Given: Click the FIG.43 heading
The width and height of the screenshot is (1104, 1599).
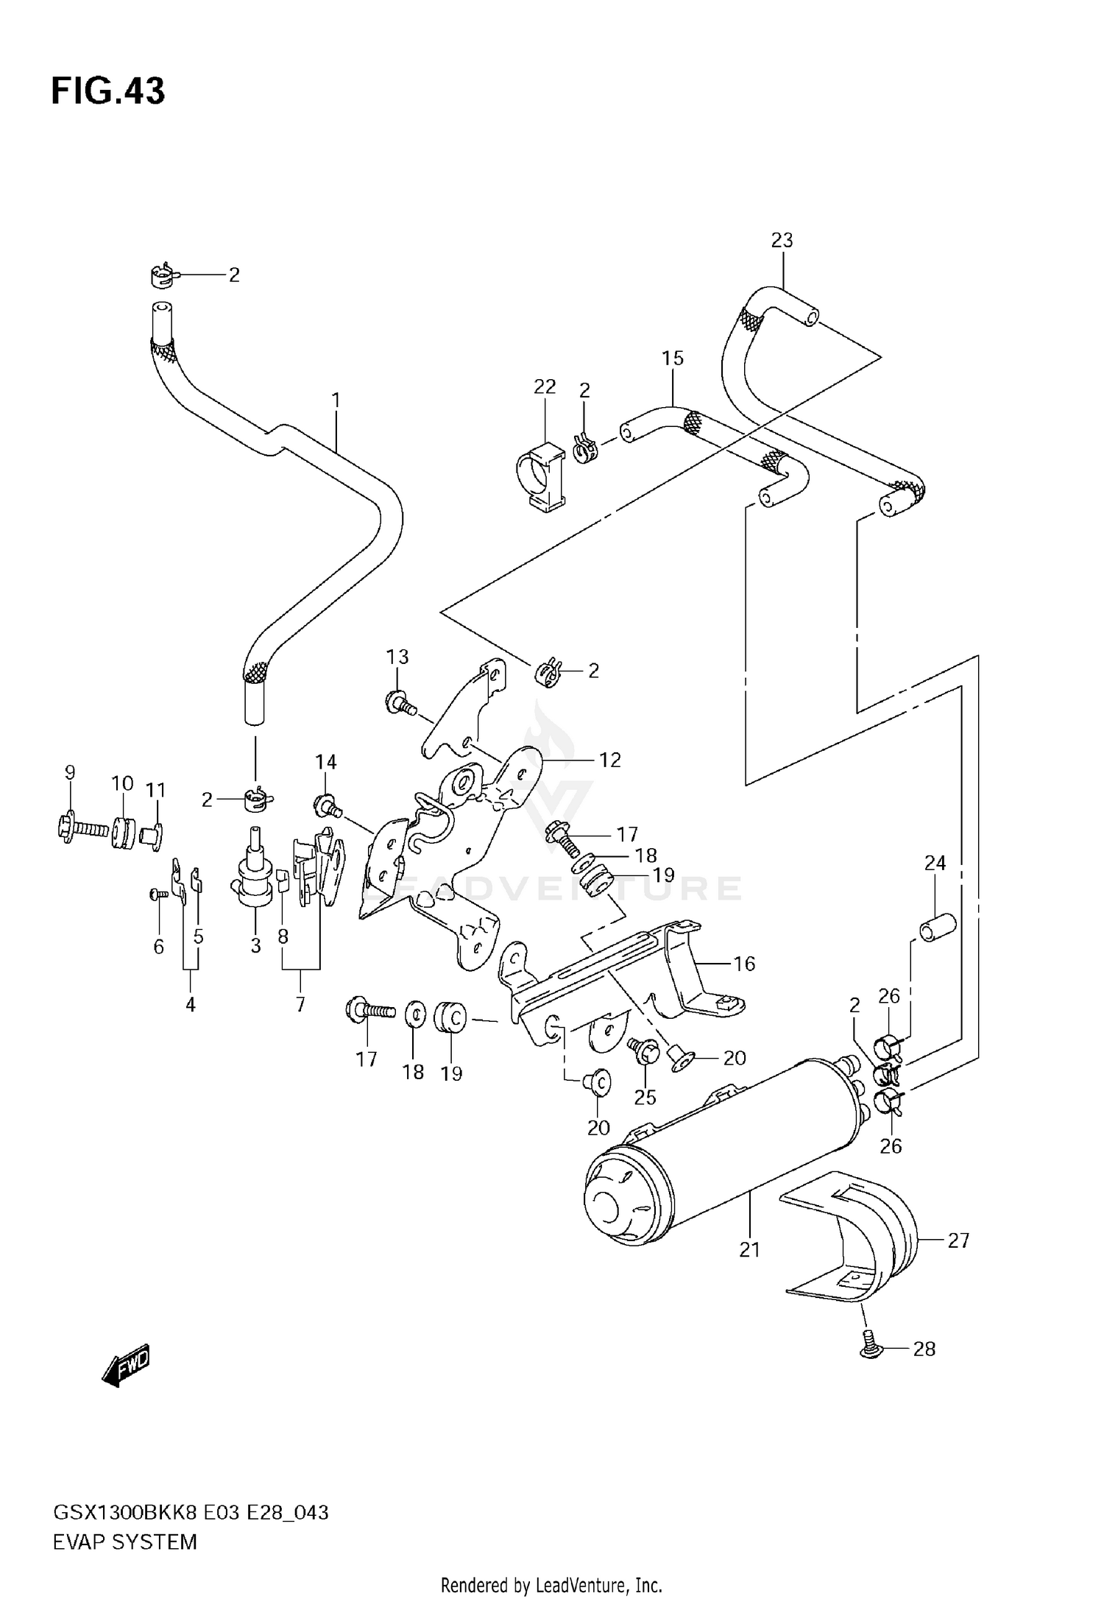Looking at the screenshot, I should click(x=108, y=91).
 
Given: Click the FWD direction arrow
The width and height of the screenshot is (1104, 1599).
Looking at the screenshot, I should click(x=127, y=1366).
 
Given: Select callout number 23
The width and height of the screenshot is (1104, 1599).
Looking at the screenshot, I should click(x=782, y=240).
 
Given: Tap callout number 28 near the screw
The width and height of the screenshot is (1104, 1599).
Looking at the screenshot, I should click(x=924, y=1349).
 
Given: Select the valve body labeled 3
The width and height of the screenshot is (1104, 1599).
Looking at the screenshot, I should click(x=254, y=872).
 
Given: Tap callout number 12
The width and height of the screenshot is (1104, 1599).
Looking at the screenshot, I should click(x=610, y=760).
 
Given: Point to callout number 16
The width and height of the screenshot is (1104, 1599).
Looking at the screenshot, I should click(x=744, y=964).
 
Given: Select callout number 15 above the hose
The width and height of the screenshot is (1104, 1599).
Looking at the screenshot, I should click(x=672, y=359).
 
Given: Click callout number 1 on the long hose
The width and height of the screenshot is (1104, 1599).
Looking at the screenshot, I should click(x=336, y=401).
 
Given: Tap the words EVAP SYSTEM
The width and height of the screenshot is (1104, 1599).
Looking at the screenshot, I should click(x=124, y=1542).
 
